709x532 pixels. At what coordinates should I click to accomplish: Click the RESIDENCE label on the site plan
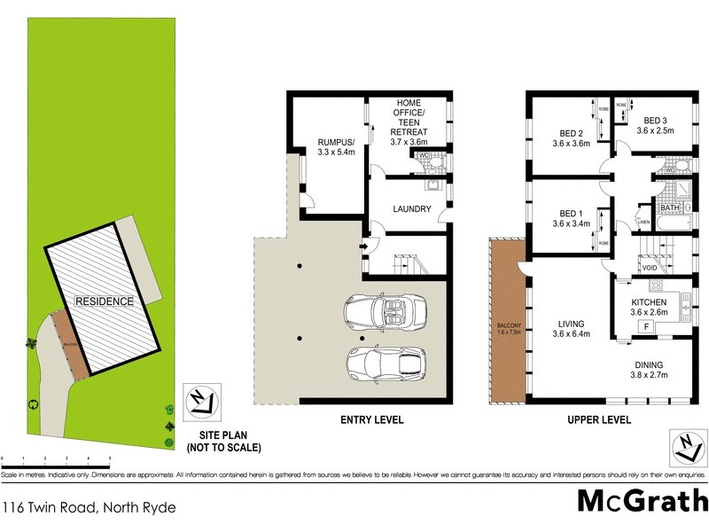[105, 301]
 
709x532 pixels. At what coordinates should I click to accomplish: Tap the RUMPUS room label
[337, 142]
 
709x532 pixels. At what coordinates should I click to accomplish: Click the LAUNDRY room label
[412, 210]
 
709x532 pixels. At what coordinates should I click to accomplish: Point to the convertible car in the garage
[386, 309]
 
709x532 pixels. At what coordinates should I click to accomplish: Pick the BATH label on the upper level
[667, 208]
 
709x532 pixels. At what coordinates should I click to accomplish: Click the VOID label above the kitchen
[651, 265]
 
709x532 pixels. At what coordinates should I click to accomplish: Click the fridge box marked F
[645, 327]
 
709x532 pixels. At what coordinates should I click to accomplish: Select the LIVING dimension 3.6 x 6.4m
[572, 334]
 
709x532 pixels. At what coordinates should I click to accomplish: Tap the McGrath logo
[643, 501]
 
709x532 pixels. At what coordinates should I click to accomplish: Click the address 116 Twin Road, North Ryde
[89, 508]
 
